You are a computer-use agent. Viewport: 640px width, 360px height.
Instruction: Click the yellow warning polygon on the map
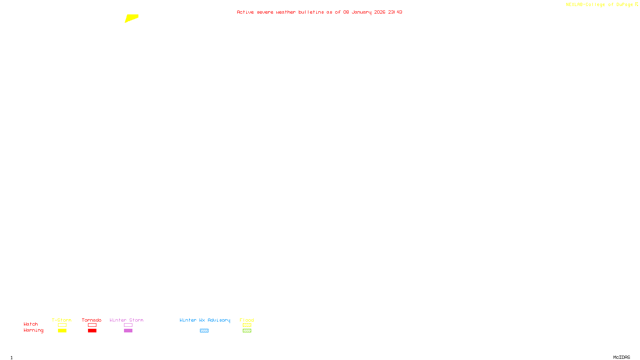pos(131,18)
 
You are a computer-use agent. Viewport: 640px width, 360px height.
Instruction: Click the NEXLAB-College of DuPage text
pos(600,5)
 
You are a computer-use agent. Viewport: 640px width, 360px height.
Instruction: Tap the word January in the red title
pos(361,12)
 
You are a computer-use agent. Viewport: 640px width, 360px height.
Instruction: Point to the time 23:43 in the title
pos(395,12)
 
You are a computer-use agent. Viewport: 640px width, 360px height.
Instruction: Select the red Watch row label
pos(31,324)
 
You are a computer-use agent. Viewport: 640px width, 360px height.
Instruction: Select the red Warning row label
pos(33,330)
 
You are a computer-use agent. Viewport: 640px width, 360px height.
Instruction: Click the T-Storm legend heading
pos(62,320)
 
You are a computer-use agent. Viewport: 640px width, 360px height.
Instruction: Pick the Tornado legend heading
pos(92,320)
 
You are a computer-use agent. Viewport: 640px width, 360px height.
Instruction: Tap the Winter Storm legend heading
pos(126,320)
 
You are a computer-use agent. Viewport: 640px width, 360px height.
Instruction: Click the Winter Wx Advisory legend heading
pos(205,320)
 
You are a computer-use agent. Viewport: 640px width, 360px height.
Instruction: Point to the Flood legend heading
pos(247,320)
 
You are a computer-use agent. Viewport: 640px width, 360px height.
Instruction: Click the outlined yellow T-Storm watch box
pos(62,325)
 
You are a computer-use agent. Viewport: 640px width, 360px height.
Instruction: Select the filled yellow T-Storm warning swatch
pos(62,331)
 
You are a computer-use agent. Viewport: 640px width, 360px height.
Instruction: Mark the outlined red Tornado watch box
pos(92,325)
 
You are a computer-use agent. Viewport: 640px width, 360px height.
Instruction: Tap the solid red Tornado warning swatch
pos(92,331)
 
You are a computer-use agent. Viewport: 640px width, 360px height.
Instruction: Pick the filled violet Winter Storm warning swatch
pos(128,331)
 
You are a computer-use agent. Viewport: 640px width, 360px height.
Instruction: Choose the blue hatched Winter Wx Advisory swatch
pos(204,331)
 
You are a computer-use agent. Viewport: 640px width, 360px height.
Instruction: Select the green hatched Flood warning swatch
pos(247,331)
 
